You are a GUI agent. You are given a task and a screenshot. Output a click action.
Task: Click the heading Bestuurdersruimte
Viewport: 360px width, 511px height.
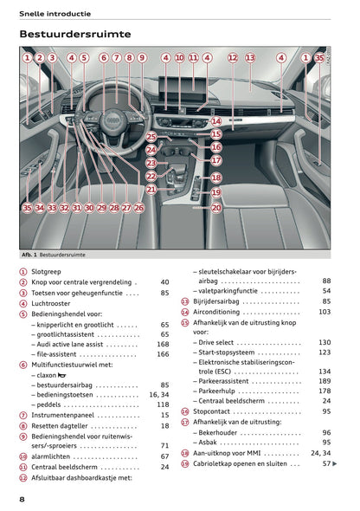tap(75, 34)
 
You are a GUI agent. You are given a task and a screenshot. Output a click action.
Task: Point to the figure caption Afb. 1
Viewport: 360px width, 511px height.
tap(32, 256)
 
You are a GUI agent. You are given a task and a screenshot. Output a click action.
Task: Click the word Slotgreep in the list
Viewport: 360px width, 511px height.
tap(48, 271)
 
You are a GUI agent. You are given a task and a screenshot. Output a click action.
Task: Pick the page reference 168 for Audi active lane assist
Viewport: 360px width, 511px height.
tap(163, 344)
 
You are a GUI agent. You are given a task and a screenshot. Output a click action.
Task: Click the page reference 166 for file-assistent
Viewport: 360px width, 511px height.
tap(163, 354)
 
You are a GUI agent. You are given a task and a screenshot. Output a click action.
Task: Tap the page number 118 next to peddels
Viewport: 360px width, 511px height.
tap(163, 404)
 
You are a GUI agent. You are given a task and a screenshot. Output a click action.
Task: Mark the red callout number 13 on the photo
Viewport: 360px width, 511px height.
tap(250, 58)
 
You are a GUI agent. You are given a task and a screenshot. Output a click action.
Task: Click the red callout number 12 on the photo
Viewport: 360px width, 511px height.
tap(232, 58)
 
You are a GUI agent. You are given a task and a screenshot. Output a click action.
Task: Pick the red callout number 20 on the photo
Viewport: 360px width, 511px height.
tap(216, 208)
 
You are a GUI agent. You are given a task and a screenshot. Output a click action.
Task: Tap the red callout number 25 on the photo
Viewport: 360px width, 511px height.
tap(151, 137)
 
